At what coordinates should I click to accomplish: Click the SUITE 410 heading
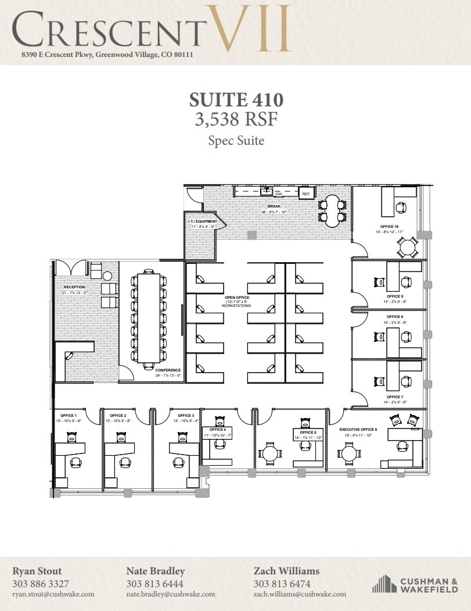(236, 98)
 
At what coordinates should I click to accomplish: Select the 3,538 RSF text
(236, 119)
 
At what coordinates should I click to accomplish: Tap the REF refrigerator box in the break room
(305, 194)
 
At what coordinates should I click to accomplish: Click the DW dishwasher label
(278, 194)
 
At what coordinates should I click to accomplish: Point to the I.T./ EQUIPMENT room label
(202, 221)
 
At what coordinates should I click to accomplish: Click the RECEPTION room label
(75, 287)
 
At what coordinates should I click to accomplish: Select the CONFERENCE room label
(168, 370)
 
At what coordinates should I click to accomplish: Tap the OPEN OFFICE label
(236, 297)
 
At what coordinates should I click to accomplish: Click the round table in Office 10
(407, 248)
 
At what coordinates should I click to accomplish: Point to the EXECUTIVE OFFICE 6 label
(358, 429)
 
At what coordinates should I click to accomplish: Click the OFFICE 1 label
(67, 415)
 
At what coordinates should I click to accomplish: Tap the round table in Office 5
(270, 453)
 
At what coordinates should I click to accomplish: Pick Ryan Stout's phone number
(41, 584)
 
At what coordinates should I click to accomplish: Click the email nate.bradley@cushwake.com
(170, 594)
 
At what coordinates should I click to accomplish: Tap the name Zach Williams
(286, 571)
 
